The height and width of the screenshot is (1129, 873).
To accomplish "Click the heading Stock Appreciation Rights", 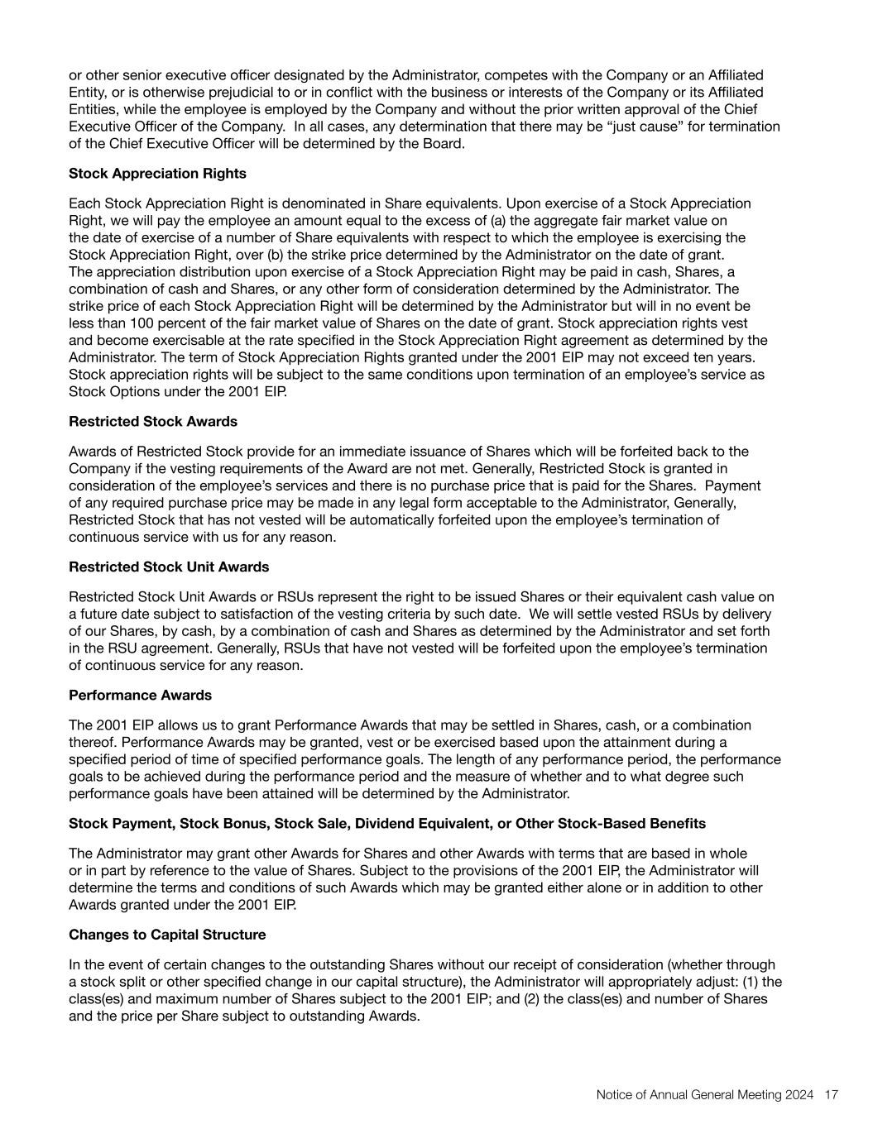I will pos(157,174).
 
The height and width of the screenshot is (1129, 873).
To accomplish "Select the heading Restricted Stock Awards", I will pos(152,421).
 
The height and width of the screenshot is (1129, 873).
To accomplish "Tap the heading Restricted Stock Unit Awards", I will pos(169,567).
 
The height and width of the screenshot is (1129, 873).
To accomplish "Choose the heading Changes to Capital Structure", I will pos(167,935).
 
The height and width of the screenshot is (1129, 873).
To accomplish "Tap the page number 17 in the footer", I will pos(832,1095).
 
